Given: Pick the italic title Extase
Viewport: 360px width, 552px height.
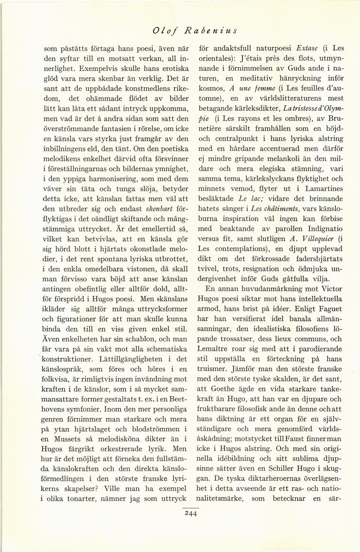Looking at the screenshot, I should (x=307, y=48).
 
